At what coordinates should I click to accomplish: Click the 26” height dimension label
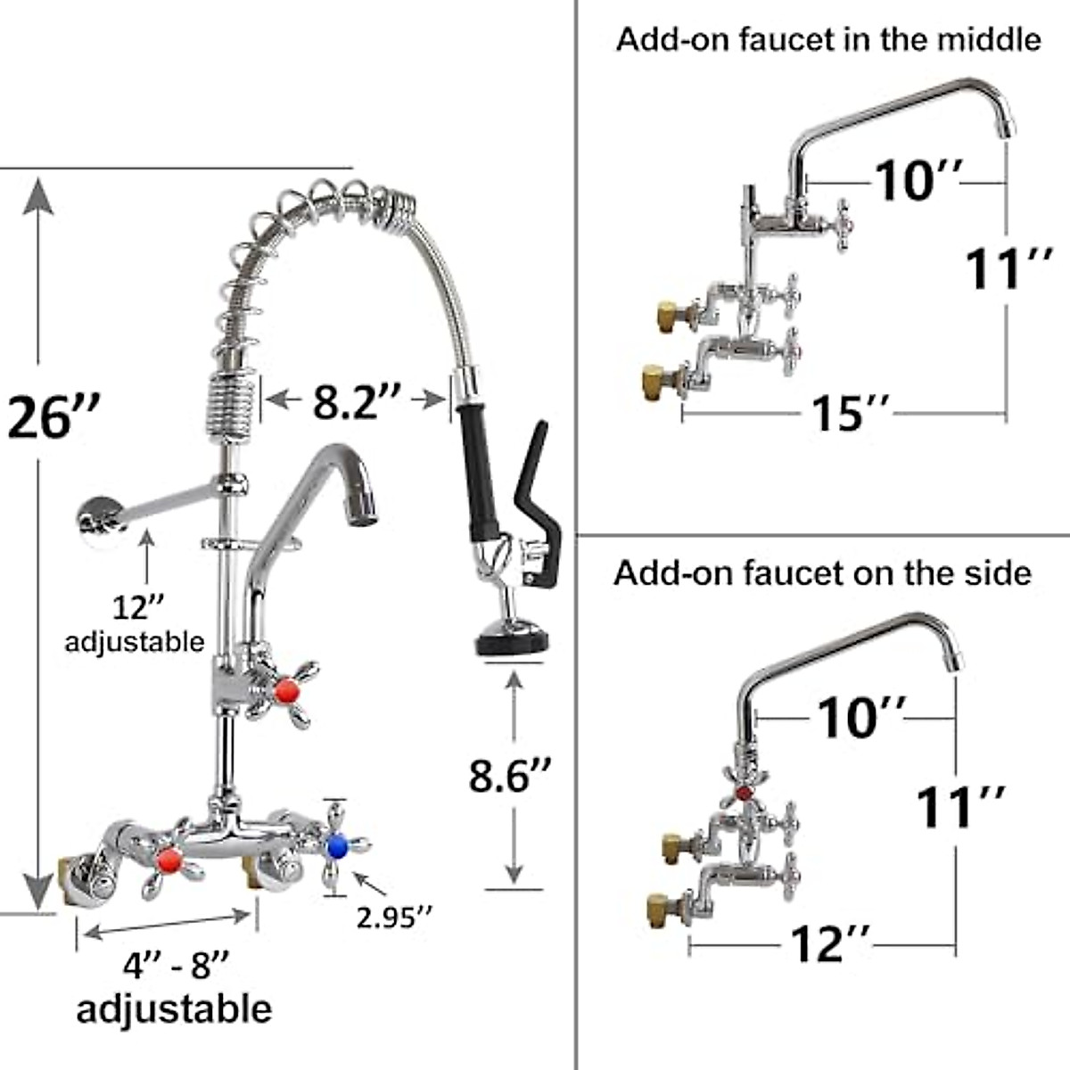point(52,416)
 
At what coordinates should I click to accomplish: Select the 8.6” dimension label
point(511,775)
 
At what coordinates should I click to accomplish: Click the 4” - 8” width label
point(176,966)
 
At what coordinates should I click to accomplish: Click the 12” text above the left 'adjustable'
point(138,608)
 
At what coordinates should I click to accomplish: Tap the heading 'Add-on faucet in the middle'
point(827,39)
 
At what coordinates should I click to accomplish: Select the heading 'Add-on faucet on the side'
point(821,572)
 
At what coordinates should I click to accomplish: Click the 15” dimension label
point(850,413)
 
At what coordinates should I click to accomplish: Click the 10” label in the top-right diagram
point(915,181)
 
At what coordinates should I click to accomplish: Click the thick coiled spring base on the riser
point(230,404)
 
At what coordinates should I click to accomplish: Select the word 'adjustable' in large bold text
point(174,1008)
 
